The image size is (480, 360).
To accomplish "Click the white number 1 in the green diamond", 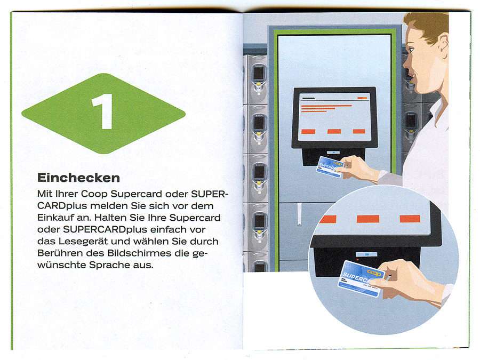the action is point(103,111).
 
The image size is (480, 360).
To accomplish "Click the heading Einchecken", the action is point(79,178).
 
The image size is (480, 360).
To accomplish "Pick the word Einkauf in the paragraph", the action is point(54,218).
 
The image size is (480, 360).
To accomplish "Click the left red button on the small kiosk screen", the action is point(308,132).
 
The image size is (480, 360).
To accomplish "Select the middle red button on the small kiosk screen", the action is point(334,131).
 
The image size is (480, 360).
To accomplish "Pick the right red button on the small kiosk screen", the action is point(359,131).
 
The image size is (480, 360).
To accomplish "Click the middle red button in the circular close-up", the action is point(368,219).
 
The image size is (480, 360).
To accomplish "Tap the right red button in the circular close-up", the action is point(410,219).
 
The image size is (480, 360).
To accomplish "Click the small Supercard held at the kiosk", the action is point(330,167).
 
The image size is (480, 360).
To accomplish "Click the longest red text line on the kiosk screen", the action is point(326,106).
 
